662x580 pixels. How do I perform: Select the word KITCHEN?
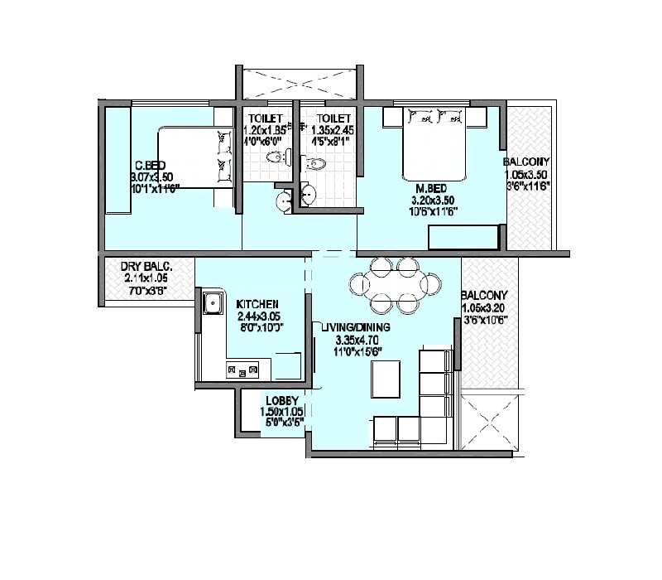pos(257,304)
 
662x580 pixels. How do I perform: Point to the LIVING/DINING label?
pos(356,327)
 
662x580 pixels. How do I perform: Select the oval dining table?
pos(394,285)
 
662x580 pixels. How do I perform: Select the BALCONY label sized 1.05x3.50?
pos(526,162)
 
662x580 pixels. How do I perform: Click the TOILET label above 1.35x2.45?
pos(329,118)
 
